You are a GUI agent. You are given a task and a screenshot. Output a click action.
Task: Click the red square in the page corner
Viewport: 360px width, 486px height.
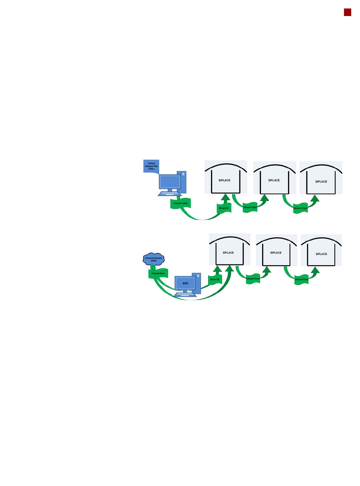pos(347,12)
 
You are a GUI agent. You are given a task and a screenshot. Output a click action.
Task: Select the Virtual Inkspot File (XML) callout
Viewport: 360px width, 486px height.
pos(151,166)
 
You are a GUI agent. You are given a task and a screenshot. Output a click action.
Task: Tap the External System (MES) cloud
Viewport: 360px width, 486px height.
pos(154,259)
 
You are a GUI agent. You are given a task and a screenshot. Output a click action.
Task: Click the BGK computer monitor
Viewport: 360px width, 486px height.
pos(185,283)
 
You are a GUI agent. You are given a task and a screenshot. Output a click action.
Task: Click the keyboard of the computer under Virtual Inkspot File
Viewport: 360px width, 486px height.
pos(170,193)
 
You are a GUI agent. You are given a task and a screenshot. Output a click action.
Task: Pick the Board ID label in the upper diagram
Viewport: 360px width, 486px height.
pos(224,208)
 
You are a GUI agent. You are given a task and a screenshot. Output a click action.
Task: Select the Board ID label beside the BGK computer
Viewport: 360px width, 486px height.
pos(215,279)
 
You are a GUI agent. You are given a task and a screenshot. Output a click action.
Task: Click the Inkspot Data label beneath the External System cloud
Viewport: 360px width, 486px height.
pos(158,273)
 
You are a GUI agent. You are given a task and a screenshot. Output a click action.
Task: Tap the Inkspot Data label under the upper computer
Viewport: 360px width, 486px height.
pos(180,203)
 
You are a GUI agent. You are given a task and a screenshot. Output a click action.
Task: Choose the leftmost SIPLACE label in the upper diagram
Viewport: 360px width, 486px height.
pos(224,180)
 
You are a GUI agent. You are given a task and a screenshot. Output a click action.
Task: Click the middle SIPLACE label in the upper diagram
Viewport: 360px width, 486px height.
pos(274,180)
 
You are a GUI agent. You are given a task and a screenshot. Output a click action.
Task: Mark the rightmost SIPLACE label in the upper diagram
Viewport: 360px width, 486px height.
pos(321,182)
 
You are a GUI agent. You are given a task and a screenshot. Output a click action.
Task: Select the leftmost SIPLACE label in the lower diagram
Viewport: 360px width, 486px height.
pos(228,253)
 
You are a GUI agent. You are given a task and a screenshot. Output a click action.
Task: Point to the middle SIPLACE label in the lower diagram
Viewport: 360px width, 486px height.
pos(276,253)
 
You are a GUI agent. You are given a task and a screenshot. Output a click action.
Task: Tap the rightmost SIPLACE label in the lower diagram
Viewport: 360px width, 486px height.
pos(321,254)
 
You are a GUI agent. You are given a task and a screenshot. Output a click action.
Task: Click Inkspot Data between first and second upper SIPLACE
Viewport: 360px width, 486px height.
pos(250,208)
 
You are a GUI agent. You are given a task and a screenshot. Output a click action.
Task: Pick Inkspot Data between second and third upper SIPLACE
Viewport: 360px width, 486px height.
pos(300,208)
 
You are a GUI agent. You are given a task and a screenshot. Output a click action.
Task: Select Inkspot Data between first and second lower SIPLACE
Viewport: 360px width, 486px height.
pos(253,279)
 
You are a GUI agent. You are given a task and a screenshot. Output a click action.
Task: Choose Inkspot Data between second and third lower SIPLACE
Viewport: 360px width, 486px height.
pos(301,280)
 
